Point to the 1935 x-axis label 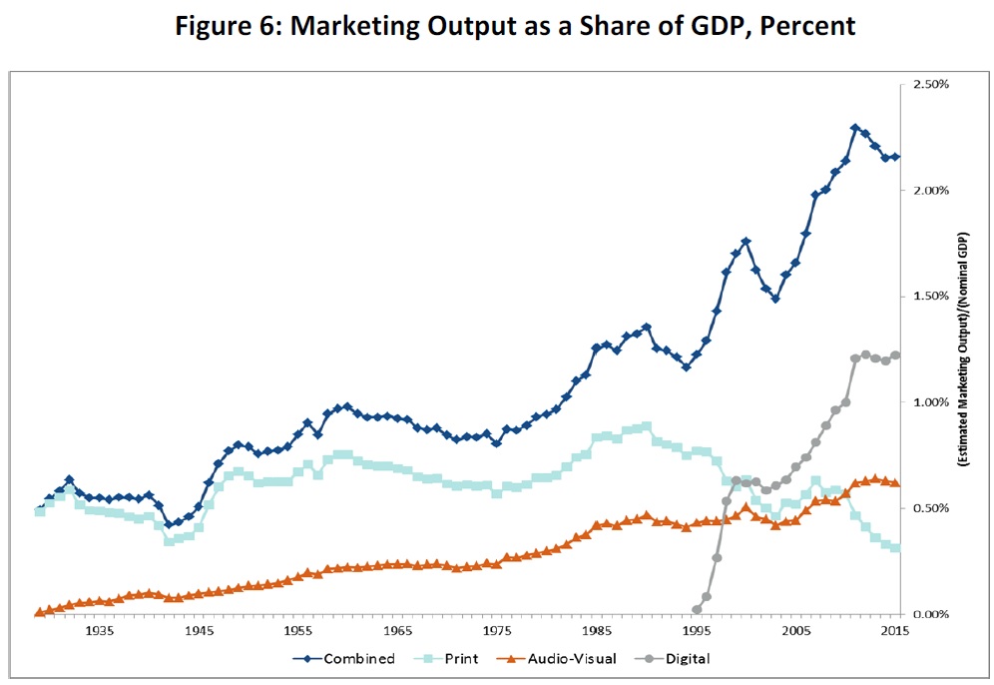99,632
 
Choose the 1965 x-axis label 397,632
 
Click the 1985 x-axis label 597,632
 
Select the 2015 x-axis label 895,632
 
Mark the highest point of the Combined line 855,128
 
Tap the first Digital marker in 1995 697,609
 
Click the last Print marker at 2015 895,548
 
